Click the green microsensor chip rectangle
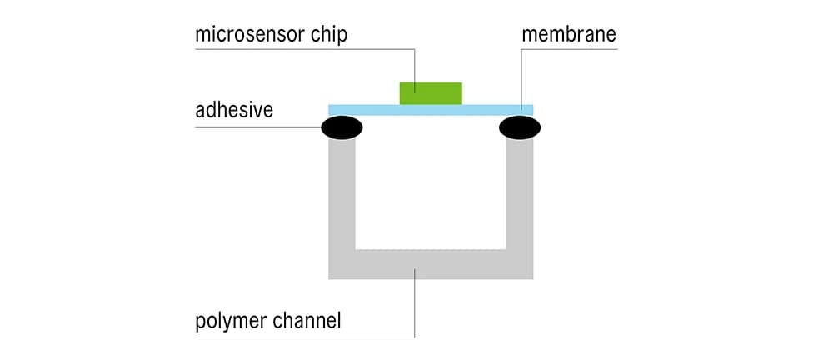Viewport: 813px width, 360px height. (431, 93)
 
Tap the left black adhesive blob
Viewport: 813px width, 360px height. (342, 127)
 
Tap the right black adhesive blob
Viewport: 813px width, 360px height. (520, 127)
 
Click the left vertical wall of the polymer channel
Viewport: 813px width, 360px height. (342, 200)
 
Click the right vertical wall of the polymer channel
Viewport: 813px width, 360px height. (520, 200)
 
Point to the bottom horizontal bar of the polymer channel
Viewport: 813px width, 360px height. (431, 264)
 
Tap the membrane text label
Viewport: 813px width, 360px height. (568, 35)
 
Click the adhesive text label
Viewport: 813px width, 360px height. (234, 109)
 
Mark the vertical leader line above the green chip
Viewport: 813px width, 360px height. (415, 65)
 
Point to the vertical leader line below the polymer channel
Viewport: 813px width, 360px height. (415, 308)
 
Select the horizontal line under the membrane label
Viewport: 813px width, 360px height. (575, 50)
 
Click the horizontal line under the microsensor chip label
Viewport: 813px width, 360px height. (300, 50)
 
